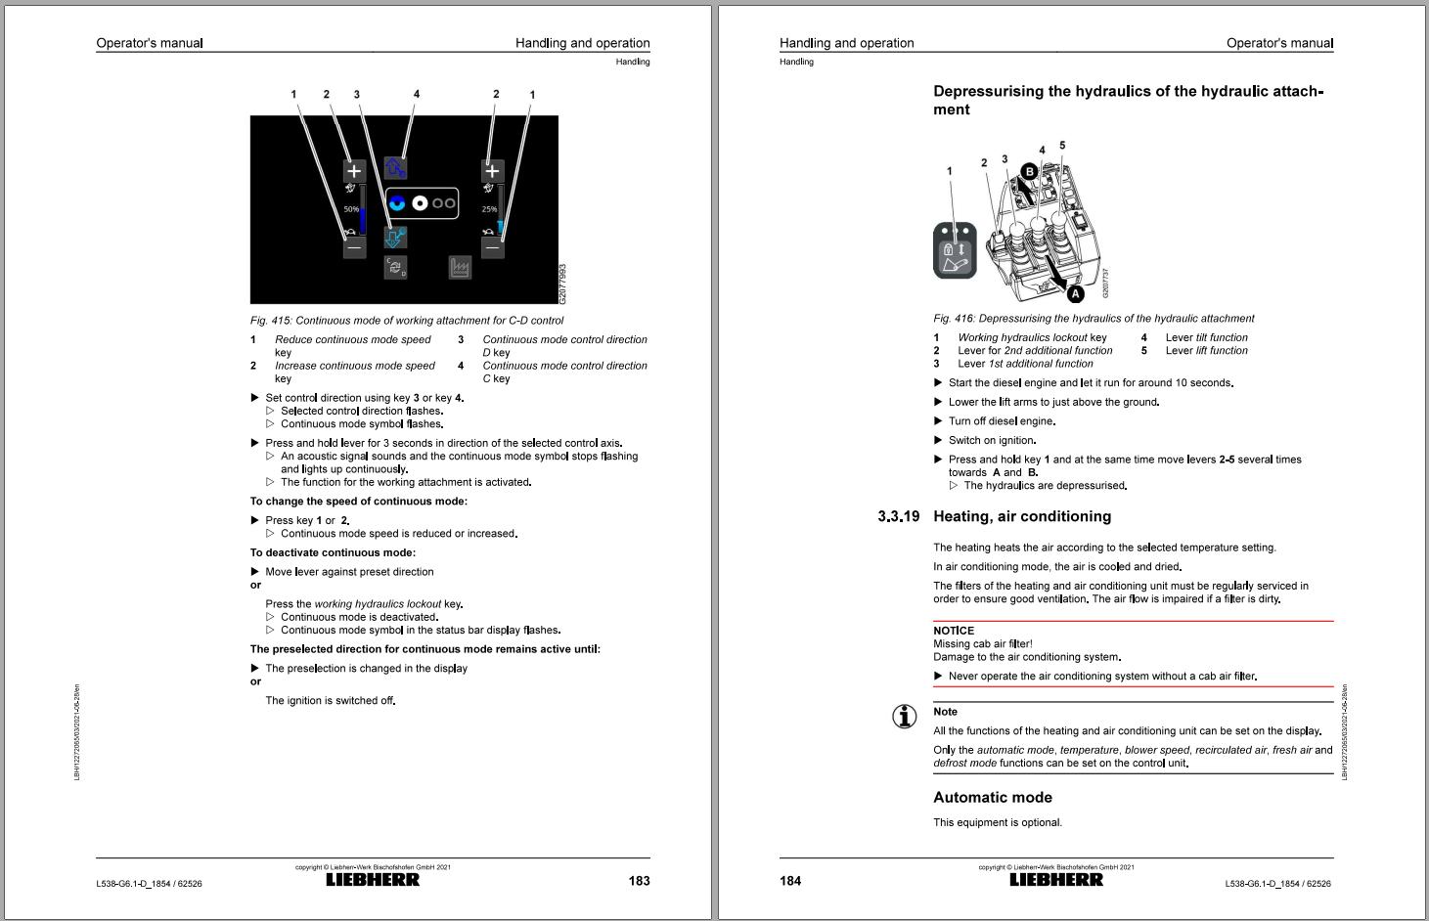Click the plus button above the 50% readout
click(x=354, y=170)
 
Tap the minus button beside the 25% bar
click(x=493, y=247)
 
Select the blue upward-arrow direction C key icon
click(x=395, y=167)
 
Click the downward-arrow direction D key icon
click(x=395, y=237)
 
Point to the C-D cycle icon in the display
click(x=395, y=267)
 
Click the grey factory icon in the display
click(x=460, y=267)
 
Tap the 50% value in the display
click(x=350, y=209)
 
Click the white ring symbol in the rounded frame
click(x=420, y=202)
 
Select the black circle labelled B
click(x=1028, y=171)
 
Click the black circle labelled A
click(x=1075, y=293)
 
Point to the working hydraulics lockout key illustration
click(x=954, y=250)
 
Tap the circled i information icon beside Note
click(x=905, y=717)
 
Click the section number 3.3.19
click(x=898, y=516)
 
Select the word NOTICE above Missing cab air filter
click(x=954, y=631)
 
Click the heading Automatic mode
click(x=992, y=797)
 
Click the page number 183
click(x=639, y=881)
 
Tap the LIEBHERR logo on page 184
click(x=1056, y=880)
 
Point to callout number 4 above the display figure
click(x=417, y=95)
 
